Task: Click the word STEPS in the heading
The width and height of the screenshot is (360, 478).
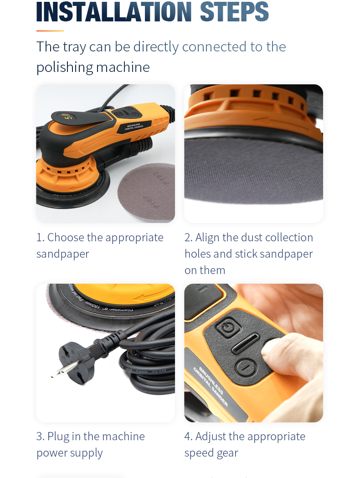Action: (x=234, y=12)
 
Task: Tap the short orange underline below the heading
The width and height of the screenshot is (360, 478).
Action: (x=50, y=31)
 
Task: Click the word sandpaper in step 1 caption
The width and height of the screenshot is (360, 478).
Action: (x=62, y=254)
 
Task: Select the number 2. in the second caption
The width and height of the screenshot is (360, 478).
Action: (x=188, y=238)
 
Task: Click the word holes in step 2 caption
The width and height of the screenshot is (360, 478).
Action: (x=198, y=254)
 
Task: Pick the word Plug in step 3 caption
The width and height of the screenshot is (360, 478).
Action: (x=58, y=437)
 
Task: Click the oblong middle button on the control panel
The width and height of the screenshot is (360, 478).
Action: (x=245, y=344)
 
